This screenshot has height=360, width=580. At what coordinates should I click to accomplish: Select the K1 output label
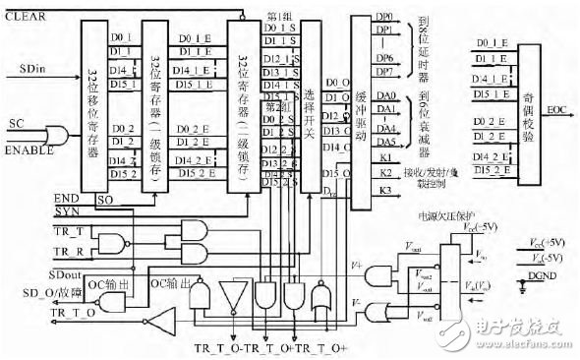point(385,157)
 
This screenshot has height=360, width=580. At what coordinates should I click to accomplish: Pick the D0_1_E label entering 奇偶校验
point(491,43)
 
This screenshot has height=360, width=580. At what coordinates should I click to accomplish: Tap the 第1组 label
point(279,19)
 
